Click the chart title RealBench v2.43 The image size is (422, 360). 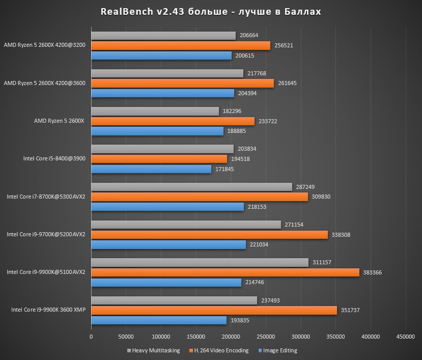[x=211, y=11]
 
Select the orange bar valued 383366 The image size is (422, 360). [x=225, y=272]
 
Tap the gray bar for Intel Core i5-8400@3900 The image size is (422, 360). [x=162, y=149]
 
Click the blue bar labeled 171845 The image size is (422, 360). [x=151, y=169]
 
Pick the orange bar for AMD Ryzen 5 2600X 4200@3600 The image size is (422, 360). [x=182, y=83]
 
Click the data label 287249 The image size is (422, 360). [x=305, y=187]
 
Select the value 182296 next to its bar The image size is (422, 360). [x=232, y=111]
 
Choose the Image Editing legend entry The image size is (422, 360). [x=277, y=350]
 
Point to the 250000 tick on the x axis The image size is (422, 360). [x=266, y=337]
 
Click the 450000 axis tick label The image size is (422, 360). [x=405, y=337]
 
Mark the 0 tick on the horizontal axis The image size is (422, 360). [x=91, y=337]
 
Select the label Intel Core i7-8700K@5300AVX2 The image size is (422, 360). [x=46, y=197]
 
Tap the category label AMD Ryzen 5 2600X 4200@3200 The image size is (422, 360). [x=44, y=45]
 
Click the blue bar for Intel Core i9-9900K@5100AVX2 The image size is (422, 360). [x=166, y=282]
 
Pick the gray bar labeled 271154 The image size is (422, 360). [x=186, y=225]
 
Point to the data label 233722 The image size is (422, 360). [x=267, y=121]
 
